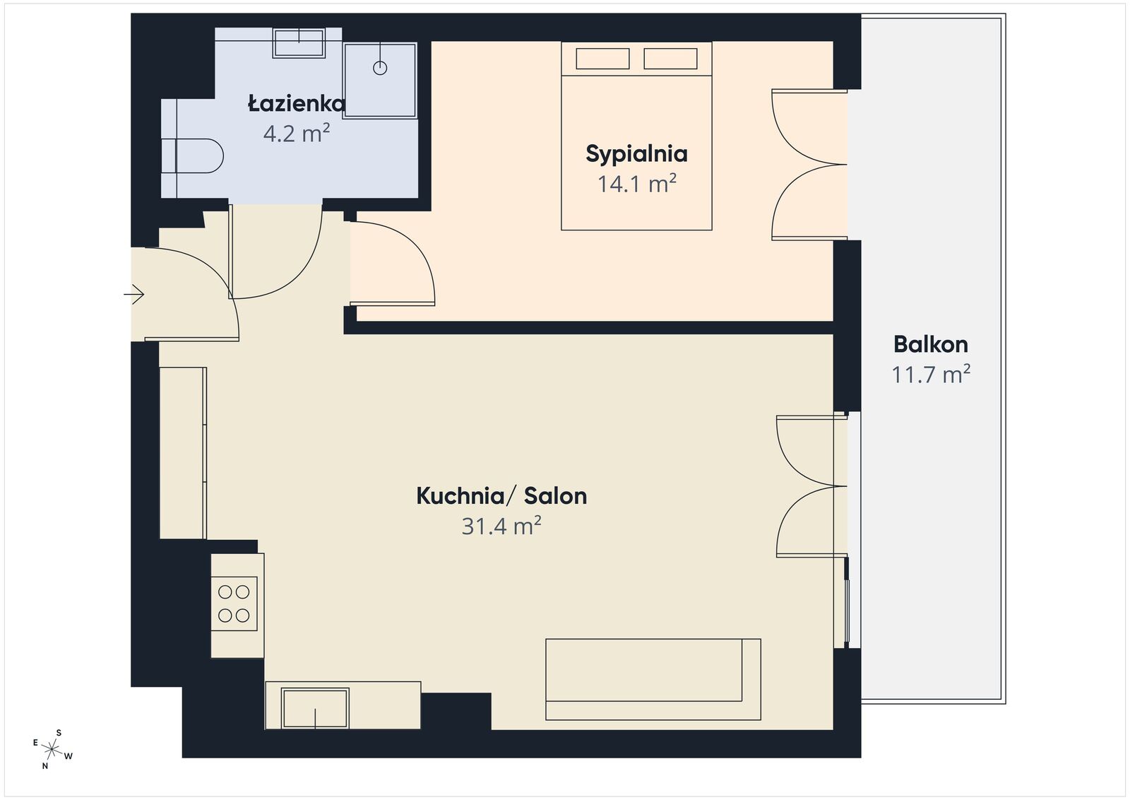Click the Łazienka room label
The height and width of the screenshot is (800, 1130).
coord(297,105)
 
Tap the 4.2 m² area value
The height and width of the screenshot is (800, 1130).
coord(297,134)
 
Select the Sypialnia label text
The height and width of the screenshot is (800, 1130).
coord(636,153)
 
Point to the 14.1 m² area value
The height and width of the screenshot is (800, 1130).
coord(636,184)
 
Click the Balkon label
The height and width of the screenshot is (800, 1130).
coord(930,344)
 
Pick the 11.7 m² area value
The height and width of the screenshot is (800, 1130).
coord(930,374)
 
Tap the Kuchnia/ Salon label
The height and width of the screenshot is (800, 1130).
coord(501,496)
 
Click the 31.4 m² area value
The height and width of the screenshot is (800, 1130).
coord(501,527)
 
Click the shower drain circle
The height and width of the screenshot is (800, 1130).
coord(380,68)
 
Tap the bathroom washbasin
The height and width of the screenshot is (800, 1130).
coord(299,42)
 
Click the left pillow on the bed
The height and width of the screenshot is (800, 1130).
coord(602,58)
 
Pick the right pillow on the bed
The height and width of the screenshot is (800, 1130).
coord(670,58)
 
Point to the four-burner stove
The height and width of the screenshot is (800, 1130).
coord(234,604)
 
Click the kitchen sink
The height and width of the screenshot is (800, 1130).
coord(315,708)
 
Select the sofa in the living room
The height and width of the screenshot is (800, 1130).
coord(652,679)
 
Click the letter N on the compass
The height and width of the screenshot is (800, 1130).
coord(44,765)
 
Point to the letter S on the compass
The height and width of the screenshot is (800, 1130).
coord(59,733)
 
